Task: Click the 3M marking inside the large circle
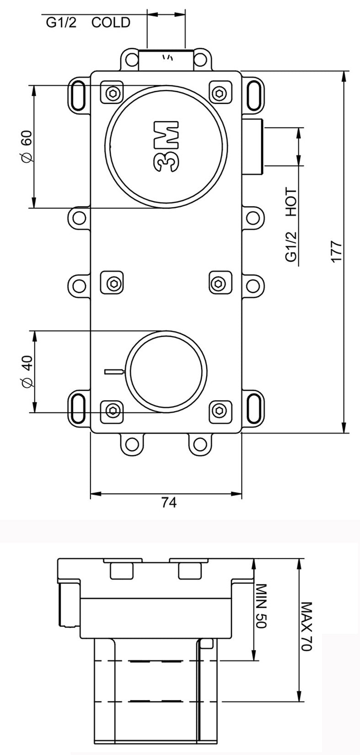click(167, 147)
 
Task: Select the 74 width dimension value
click(169, 502)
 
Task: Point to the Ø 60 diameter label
click(27, 146)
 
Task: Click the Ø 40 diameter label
click(27, 371)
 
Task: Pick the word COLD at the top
click(111, 22)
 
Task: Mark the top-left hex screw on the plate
click(113, 94)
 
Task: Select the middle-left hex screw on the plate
click(113, 284)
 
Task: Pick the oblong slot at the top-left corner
click(78, 93)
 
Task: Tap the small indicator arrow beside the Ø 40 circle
click(115, 371)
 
